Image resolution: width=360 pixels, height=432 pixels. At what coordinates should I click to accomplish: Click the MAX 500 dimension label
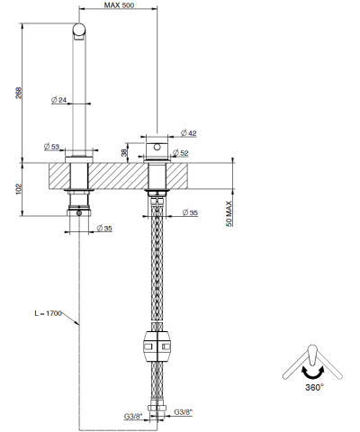click(x=118, y=5)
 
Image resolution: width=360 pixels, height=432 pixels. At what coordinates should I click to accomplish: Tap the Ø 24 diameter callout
click(x=61, y=99)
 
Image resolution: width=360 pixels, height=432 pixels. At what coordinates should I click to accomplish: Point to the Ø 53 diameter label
click(x=50, y=146)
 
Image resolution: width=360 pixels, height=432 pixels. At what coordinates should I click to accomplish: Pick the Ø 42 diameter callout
click(x=190, y=133)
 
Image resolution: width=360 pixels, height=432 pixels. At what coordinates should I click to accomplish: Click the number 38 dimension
click(x=124, y=148)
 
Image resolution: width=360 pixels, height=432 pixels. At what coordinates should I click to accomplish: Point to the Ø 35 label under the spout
click(x=103, y=229)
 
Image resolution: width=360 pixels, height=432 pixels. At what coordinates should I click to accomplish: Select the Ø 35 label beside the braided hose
click(x=190, y=212)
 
